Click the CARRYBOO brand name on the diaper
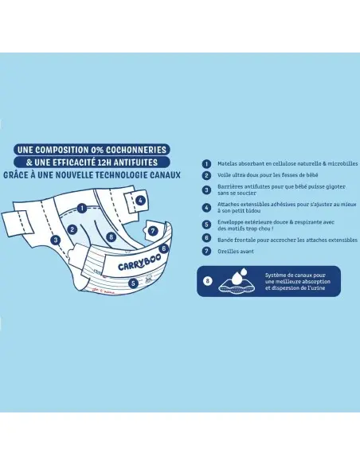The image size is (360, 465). [139, 263]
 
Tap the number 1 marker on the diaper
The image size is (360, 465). [82, 208]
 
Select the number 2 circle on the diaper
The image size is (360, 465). [72, 229]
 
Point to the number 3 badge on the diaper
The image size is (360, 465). [56, 240]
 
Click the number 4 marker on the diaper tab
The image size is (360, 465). [140, 201]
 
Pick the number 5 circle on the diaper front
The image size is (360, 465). [133, 283]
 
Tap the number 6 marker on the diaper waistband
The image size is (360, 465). [164, 248]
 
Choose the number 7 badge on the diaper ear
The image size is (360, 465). [153, 231]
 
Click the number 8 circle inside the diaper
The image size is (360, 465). [112, 236]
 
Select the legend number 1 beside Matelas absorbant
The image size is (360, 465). [206, 164]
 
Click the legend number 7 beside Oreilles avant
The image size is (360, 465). [206, 251]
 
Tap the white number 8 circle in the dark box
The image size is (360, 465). [208, 280]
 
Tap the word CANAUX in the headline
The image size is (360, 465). [165, 175]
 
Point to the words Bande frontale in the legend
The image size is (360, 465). [236, 240]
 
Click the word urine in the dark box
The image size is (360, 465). [319, 288]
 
